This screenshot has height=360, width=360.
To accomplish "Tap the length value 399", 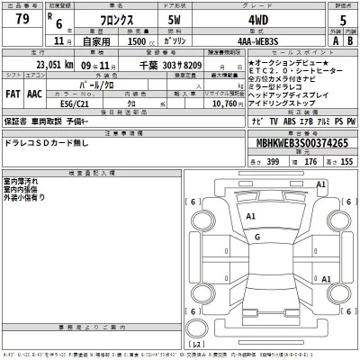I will click(272, 159).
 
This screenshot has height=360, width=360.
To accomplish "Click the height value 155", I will click(346, 159).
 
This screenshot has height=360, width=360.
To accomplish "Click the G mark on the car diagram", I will click(257, 236).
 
